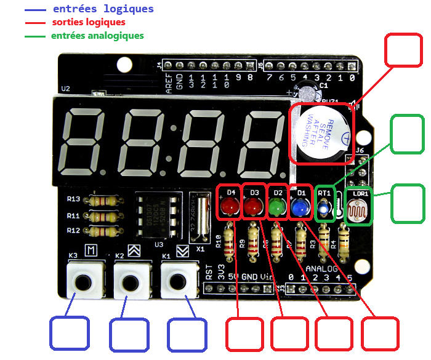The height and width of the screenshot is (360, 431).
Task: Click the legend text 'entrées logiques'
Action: (103, 9)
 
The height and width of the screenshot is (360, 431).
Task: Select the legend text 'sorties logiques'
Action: (89, 22)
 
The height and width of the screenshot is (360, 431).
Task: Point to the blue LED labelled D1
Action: (300, 209)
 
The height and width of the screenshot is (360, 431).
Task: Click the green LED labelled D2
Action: (278, 209)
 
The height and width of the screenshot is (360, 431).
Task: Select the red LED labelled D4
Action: (231, 209)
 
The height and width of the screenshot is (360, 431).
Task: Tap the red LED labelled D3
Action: (254, 209)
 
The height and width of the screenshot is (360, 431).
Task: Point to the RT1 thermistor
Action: (324, 210)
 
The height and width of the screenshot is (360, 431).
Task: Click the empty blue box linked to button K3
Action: (69, 334)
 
